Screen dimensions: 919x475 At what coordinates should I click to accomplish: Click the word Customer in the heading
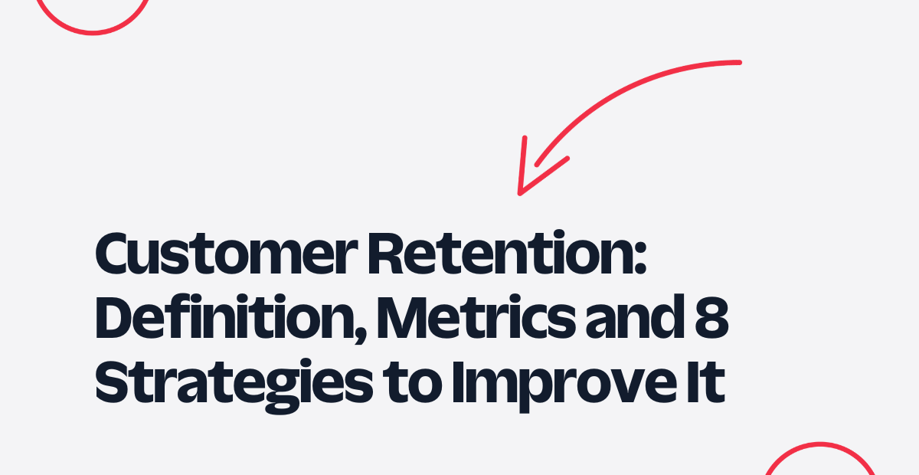coord(227,254)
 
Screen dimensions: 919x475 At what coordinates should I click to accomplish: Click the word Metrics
coord(476,317)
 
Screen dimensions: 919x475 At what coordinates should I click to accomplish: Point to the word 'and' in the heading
coord(636,316)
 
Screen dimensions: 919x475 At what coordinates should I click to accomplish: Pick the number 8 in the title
coord(711,317)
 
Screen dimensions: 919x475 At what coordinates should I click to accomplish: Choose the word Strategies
coord(234,386)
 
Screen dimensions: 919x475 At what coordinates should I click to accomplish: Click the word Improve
coord(564,386)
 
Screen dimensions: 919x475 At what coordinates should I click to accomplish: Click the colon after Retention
coord(640,257)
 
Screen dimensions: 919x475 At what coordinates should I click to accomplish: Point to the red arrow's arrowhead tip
coord(519,193)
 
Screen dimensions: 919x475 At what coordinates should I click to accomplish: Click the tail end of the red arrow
coord(739,62)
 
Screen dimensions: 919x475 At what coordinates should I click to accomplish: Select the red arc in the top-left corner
coord(93,32)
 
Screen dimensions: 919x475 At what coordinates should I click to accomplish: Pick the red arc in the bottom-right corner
coord(820,444)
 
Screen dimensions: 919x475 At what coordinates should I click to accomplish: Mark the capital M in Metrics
coord(402,318)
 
